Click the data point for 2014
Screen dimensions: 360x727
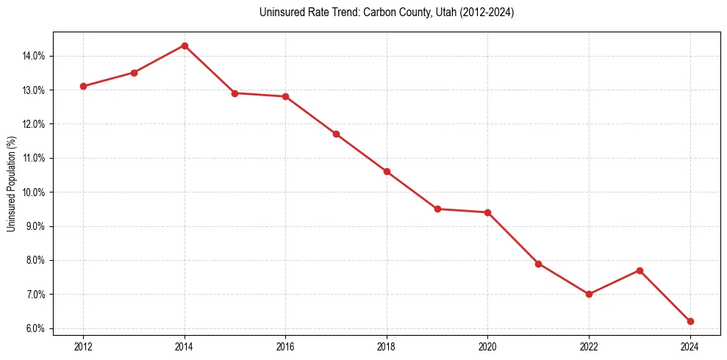(185, 46)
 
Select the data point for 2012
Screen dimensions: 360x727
(83, 86)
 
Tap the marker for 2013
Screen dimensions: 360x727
(134, 73)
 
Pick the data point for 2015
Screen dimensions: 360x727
(234, 93)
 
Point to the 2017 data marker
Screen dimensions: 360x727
(336, 134)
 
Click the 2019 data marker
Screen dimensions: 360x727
(437, 209)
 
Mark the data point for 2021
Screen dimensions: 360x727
(538, 264)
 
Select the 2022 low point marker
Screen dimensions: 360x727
(589, 294)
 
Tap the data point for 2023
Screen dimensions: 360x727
(640, 270)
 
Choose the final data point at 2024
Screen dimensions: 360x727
(690, 321)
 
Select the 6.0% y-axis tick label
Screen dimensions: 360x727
(35, 328)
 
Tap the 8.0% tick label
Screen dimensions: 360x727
(35, 260)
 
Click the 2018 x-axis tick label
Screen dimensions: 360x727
(387, 346)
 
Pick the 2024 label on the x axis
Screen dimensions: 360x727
(690, 346)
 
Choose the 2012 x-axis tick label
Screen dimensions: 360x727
(83, 346)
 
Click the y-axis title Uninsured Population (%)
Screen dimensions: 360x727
(11, 184)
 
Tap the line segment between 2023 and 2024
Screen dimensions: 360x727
(665, 296)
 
